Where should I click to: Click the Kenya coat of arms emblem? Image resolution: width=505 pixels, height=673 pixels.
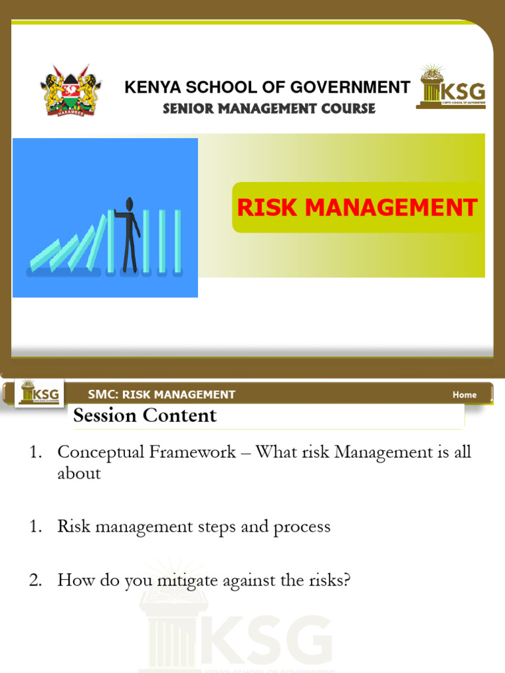(x=70, y=91)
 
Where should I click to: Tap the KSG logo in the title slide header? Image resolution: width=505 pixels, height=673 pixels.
(x=451, y=87)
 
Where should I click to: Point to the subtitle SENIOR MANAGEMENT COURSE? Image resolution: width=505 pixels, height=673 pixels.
(x=269, y=108)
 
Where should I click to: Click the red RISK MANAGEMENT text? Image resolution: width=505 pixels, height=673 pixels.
(x=357, y=208)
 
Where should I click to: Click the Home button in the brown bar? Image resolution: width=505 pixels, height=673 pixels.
(x=464, y=394)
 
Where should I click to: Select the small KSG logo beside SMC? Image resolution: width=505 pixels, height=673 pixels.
(x=39, y=392)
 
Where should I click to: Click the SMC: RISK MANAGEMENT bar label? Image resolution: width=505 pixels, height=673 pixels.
(x=162, y=394)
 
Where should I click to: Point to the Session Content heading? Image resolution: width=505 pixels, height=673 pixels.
(x=145, y=415)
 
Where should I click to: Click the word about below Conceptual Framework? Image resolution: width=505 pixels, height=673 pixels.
(x=79, y=473)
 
